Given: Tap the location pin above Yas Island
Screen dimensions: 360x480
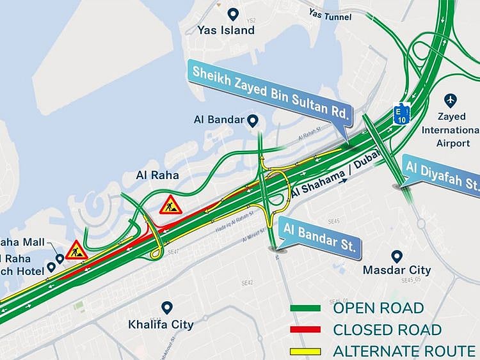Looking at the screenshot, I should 233,13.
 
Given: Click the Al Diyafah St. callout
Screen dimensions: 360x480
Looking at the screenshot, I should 442,173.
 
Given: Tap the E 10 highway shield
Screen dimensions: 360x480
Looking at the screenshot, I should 401,112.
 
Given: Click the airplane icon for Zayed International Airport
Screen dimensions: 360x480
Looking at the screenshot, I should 451,101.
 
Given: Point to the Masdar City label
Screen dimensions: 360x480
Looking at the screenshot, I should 397,270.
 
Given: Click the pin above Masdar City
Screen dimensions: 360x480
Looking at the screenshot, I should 397,256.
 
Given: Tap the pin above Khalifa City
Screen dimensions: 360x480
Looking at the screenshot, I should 167,308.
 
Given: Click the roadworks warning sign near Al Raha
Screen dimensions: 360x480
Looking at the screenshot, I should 171,205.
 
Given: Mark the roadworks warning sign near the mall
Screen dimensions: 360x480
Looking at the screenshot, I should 76,250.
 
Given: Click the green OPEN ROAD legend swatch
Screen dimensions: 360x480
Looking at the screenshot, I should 305,309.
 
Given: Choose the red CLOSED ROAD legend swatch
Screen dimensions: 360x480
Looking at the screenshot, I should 305,330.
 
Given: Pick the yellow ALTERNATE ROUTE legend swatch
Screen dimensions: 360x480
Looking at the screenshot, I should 305,351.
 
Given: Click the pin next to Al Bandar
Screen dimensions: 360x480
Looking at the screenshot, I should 252,120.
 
